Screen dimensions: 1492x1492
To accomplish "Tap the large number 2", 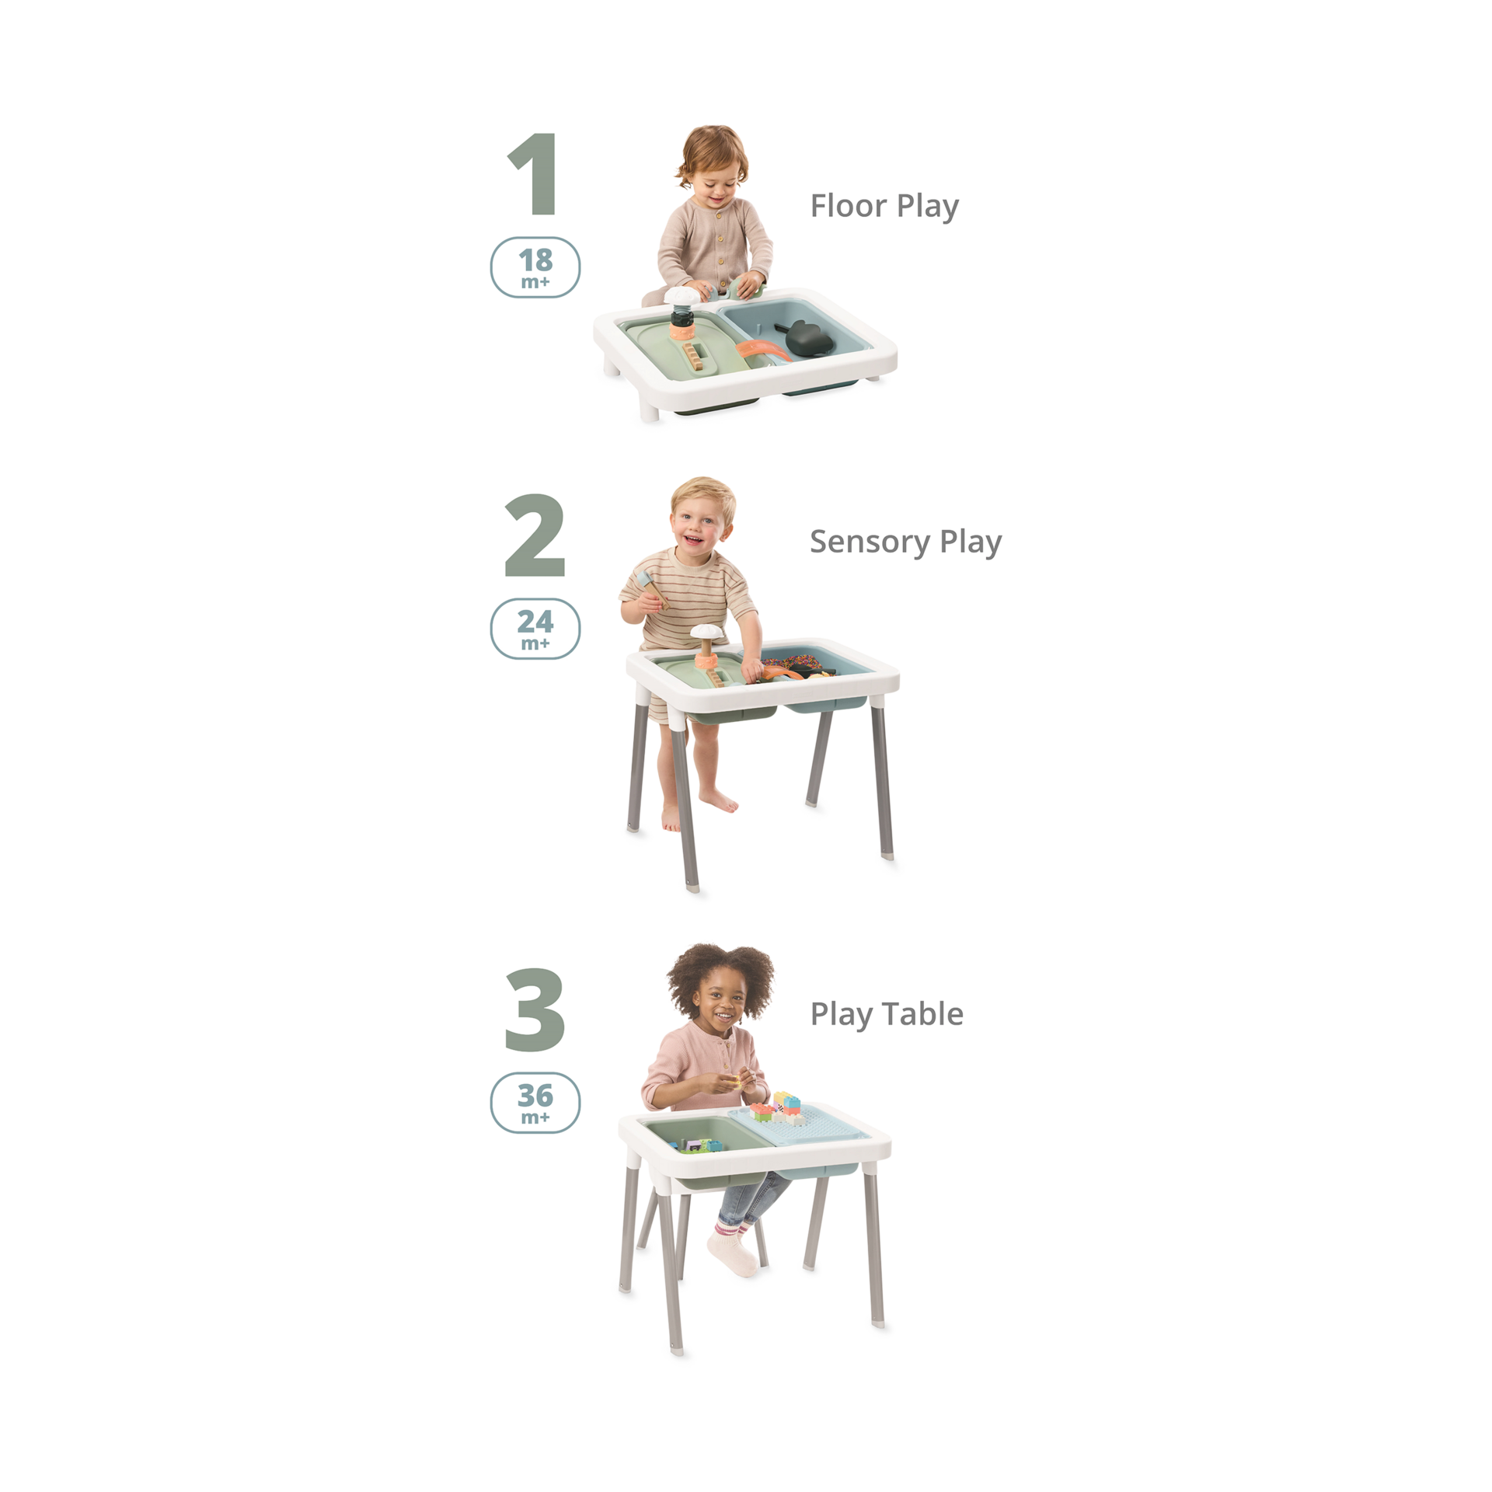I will point(535,537).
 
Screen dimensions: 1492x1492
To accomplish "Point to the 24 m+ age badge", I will point(535,628).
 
